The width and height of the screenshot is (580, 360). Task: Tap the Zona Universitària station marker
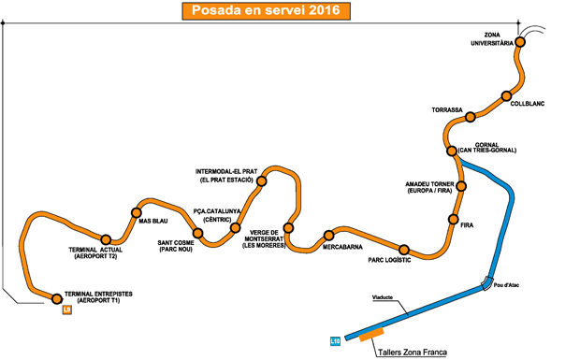pyautogui.click(x=519, y=42)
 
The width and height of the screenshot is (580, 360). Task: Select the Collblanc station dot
pyautogui.click(x=506, y=96)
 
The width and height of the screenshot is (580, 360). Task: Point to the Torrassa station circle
pyautogui.click(x=471, y=117)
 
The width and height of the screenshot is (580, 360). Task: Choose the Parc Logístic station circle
pyautogui.click(x=404, y=250)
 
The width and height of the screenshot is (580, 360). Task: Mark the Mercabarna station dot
pyautogui.click(x=328, y=235)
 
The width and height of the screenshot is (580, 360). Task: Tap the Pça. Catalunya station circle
pyautogui.click(x=236, y=227)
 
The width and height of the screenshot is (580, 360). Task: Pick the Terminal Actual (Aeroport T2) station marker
pyautogui.click(x=106, y=239)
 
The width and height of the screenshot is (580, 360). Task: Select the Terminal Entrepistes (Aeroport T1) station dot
pyautogui.click(x=57, y=299)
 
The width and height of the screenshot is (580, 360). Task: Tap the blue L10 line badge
pyautogui.click(x=336, y=340)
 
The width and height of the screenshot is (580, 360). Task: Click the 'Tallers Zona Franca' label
pyautogui.click(x=411, y=353)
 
